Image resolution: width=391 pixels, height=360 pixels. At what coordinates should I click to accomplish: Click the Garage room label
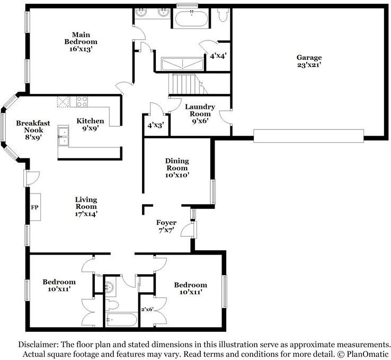pyautogui.click(x=309, y=61)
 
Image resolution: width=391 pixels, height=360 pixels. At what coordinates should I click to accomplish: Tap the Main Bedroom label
pyautogui.click(x=81, y=42)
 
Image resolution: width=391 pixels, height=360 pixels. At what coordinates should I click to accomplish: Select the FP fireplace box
pyautogui.click(x=35, y=207)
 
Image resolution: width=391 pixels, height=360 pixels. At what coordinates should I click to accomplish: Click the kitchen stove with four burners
pyautogui.click(x=82, y=102)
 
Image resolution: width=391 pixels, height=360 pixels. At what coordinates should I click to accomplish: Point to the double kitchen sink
pyautogui.click(x=63, y=136)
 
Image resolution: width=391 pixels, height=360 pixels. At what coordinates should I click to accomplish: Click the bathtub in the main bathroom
pyautogui.click(x=191, y=19)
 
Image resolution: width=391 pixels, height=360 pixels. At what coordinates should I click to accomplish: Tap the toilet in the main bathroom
pyautogui.click(x=223, y=14)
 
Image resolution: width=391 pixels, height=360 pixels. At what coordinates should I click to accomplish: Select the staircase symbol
pyautogui.click(x=188, y=84)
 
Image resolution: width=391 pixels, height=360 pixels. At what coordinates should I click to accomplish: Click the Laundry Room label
pyautogui.click(x=200, y=114)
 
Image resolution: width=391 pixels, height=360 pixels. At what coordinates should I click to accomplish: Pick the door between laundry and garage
pyautogui.click(x=225, y=117)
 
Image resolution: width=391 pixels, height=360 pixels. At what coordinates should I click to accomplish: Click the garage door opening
pyautogui.click(x=308, y=136)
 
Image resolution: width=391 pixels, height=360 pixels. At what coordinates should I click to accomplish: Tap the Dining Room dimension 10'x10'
pyautogui.click(x=177, y=175)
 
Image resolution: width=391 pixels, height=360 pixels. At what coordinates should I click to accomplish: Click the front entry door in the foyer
pyautogui.click(x=189, y=230)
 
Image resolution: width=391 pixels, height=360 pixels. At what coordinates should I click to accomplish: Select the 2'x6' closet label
pyautogui.click(x=147, y=310)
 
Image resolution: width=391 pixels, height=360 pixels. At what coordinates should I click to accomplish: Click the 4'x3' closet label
pyautogui.click(x=155, y=125)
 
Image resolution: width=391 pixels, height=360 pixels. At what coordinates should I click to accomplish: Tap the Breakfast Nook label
pyautogui.click(x=33, y=130)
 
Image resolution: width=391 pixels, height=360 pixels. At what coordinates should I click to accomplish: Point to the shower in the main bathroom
pyautogui.click(x=183, y=64)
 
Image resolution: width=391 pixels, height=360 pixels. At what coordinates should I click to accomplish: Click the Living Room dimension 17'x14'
pyautogui.click(x=86, y=214)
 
